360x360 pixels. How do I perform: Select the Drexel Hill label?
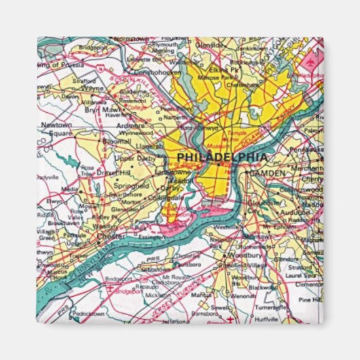pyautogui.click(x=113, y=173)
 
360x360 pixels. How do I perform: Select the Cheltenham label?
pyautogui.click(x=241, y=85)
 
